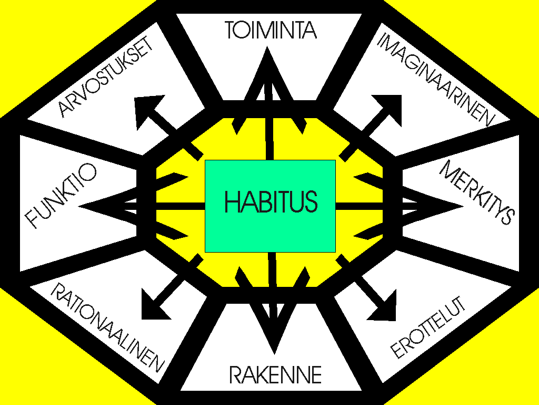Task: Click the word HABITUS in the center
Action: [271, 201]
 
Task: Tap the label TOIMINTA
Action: [271, 30]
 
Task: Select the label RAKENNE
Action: [275, 375]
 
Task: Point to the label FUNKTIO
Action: [61, 195]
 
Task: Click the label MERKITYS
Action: [477, 192]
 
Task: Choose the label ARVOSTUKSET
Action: [106, 76]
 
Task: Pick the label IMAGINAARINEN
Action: [436, 80]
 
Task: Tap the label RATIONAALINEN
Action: [107, 327]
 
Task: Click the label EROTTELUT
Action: [428, 327]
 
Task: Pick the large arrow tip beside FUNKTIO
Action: [78, 206]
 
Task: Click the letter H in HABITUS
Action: [231, 201]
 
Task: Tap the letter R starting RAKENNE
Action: [235, 375]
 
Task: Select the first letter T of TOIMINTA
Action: [231, 30]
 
